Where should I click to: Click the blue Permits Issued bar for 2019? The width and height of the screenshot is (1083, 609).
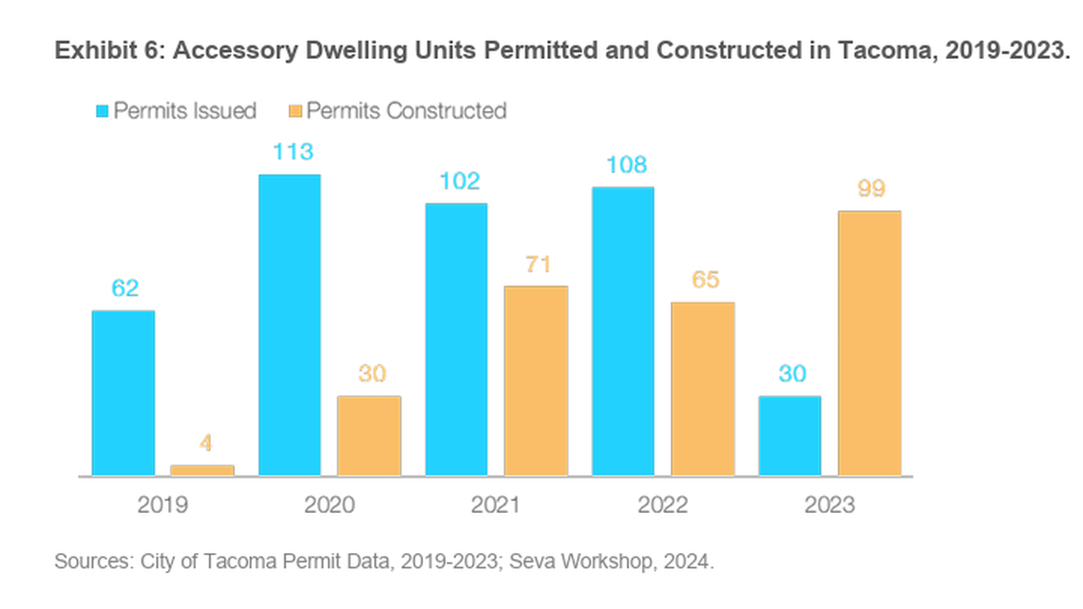(123, 392)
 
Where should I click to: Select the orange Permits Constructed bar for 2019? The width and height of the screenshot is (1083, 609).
(202, 469)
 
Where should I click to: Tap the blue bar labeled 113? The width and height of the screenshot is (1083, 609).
(290, 325)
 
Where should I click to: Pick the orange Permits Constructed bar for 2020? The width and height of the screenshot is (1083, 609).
(370, 435)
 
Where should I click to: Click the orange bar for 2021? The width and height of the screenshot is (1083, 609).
(536, 380)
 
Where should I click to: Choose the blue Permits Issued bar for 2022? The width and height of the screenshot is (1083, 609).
(623, 331)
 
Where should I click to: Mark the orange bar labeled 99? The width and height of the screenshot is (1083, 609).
(869, 343)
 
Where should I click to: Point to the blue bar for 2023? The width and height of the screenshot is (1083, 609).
(789, 435)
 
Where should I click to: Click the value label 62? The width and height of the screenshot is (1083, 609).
(124, 288)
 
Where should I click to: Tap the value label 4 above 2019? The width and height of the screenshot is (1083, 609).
(203, 443)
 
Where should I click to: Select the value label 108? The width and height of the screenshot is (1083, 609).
(625, 165)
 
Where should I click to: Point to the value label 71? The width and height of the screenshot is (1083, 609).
(538, 264)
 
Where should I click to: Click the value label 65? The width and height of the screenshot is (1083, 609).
(704, 280)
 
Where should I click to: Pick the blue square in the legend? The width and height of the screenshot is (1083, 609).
(102, 111)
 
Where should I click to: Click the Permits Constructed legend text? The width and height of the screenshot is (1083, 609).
(406, 111)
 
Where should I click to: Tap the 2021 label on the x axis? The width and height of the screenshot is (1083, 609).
(496, 504)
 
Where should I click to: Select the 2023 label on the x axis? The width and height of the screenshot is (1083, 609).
(829, 504)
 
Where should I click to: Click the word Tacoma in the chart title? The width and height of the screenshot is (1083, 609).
(884, 51)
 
